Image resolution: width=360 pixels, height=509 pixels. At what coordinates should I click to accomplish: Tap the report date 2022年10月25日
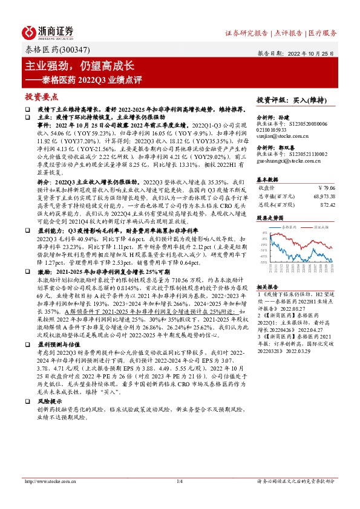point(316,53)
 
